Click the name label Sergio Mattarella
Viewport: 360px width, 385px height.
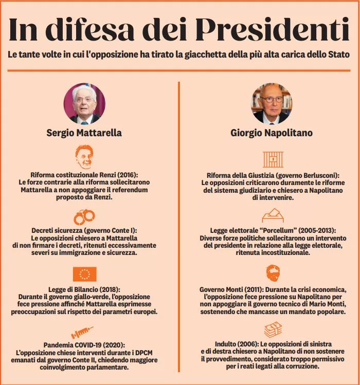pyautogui.click(x=84, y=133)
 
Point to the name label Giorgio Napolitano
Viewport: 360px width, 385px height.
pyautogui.click(x=271, y=133)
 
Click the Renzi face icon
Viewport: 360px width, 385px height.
pyautogui.click(x=84, y=156)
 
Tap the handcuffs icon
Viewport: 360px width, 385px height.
pyautogui.click(x=84, y=216)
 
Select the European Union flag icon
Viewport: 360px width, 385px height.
pyautogui.click(x=84, y=274)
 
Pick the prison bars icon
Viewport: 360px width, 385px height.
pyautogui.click(x=273, y=159)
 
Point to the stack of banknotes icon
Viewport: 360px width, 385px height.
pyautogui.click(x=273, y=329)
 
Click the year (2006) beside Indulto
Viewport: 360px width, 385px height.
pyautogui.click(x=247, y=344)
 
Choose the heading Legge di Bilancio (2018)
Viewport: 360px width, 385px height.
pyautogui.click(x=84, y=289)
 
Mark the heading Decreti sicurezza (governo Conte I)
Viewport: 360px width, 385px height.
pyautogui.click(x=84, y=231)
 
